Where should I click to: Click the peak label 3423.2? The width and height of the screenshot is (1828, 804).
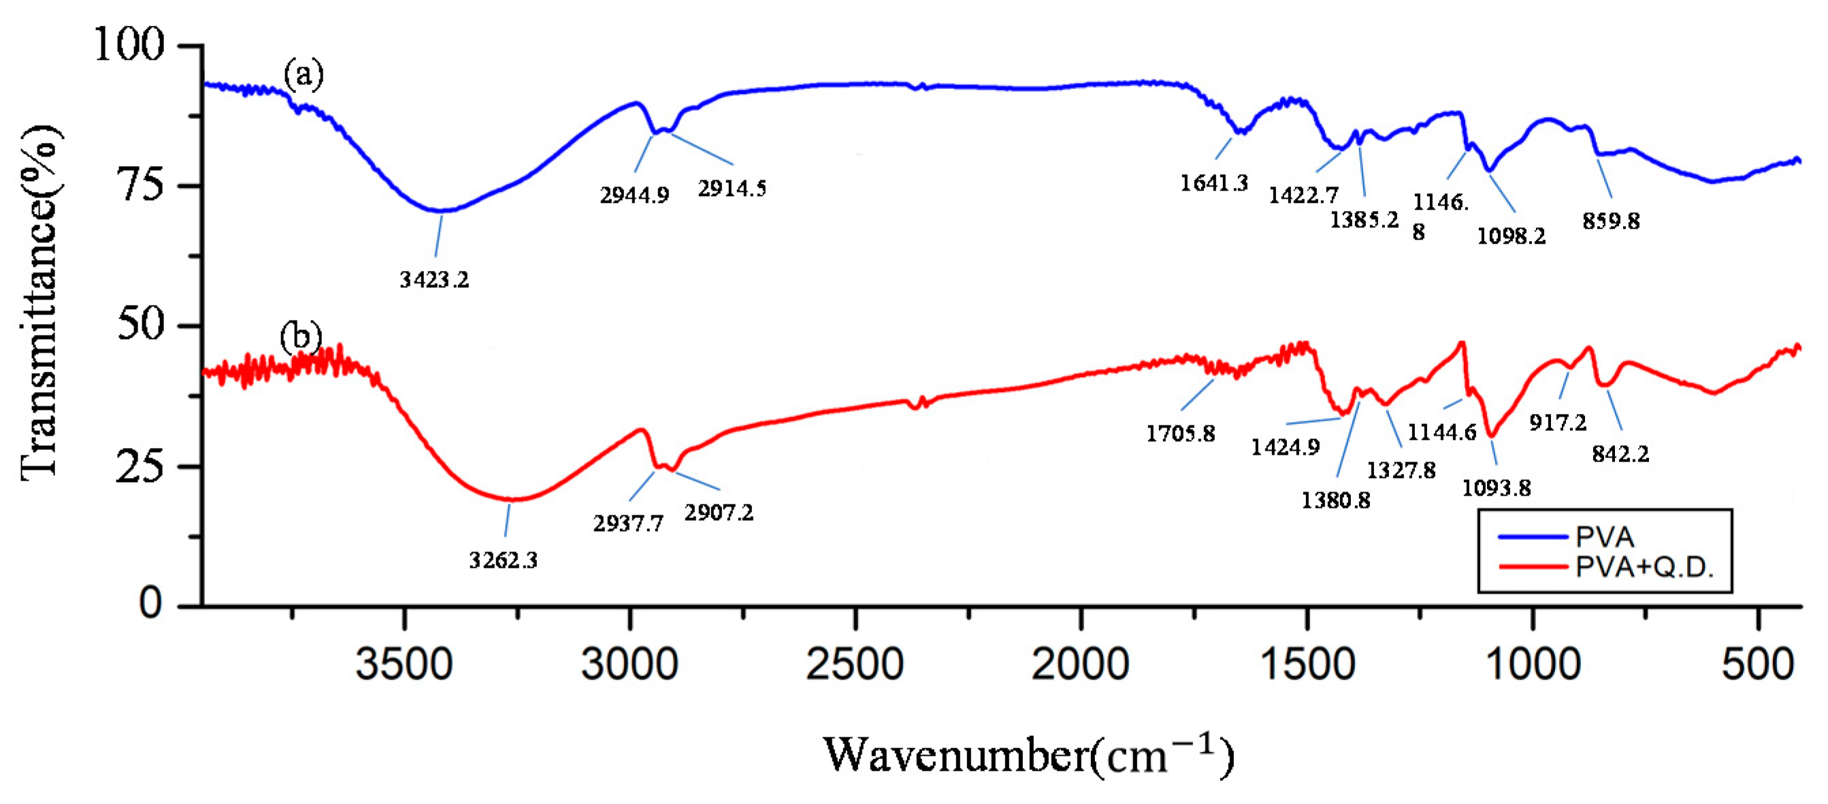click(x=434, y=280)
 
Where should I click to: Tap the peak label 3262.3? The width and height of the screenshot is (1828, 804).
click(x=503, y=560)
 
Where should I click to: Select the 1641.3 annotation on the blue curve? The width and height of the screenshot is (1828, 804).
click(x=1213, y=184)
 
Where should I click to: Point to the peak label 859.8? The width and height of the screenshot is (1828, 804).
click(x=1611, y=221)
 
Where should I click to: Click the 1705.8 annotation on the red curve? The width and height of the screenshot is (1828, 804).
click(x=1181, y=434)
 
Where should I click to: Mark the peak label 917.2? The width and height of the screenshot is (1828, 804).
click(x=1558, y=423)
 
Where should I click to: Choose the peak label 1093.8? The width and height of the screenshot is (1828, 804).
click(x=1497, y=488)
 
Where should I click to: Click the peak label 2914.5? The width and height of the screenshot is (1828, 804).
click(x=732, y=189)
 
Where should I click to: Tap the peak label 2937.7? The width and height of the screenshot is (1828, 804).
click(x=629, y=524)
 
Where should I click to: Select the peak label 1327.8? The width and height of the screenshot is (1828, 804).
click(x=1401, y=470)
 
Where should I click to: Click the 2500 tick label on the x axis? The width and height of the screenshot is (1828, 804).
click(x=854, y=666)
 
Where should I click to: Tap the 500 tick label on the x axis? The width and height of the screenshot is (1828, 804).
click(x=1757, y=666)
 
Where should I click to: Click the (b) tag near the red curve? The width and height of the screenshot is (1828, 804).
click(x=300, y=336)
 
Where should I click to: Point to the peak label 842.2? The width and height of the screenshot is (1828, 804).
click(x=1620, y=454)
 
